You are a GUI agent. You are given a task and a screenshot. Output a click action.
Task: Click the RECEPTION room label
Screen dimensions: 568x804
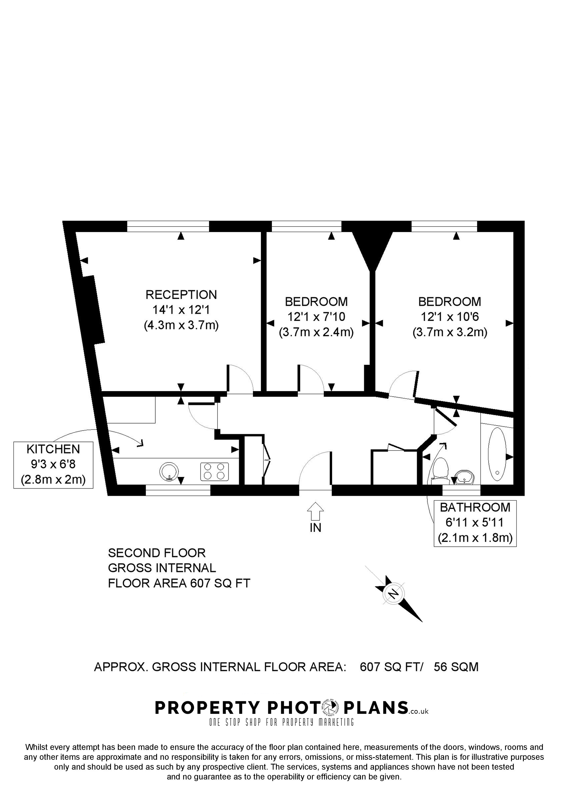point(181,295)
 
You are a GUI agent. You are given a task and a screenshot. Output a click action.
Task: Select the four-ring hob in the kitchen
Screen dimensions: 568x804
point(214,471)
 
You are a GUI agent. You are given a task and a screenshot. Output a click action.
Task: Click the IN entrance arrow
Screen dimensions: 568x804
point(315,512)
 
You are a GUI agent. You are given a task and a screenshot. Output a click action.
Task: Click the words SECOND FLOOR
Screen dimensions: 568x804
point(156,553)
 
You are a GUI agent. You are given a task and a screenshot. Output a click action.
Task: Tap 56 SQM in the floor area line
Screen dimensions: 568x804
point(456,667)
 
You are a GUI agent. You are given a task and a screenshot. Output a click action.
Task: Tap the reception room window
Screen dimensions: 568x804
point(168,226)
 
